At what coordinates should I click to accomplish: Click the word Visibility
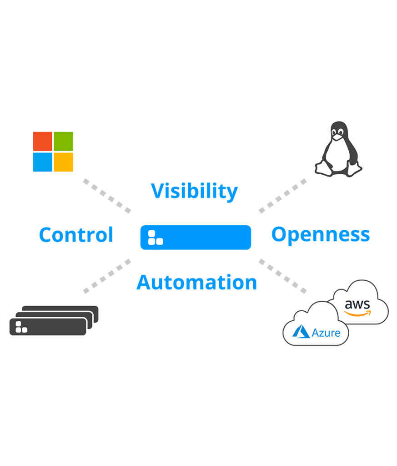(x=194, y=191)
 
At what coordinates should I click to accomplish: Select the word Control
(x=76, y=235)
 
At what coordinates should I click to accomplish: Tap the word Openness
(x=321, y=235)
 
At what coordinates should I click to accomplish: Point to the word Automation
(x=196, y=282)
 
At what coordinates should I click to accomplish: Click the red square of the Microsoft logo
(x=42, y=141)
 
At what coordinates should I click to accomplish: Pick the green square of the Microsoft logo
(x=63, y=141)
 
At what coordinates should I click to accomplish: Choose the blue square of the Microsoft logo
(x=42, y=162)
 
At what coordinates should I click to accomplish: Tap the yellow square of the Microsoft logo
(x=63, y=162)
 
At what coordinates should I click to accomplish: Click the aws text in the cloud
(x=357, y=304)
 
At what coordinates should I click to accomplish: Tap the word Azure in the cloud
(x=326, y=333)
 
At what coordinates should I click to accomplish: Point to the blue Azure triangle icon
(x=301, y=332)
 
